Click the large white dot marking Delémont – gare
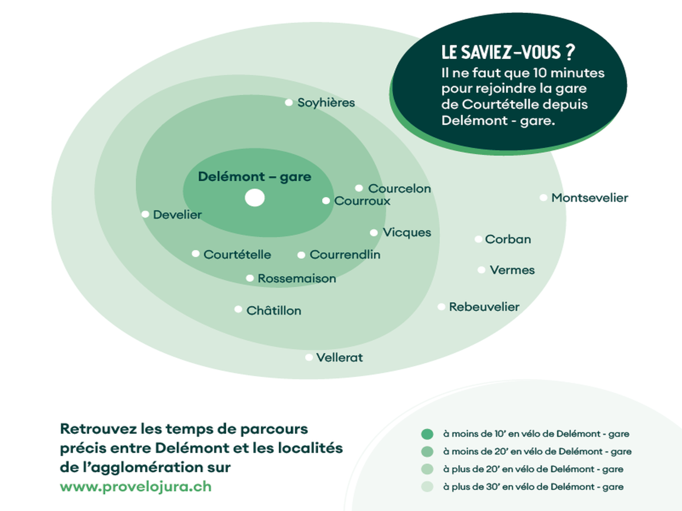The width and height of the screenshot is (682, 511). click(255, 198)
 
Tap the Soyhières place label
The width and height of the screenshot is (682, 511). click(326, 103)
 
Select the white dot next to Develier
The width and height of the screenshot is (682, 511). click(145, 214)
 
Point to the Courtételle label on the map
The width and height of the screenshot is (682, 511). click(237, 255)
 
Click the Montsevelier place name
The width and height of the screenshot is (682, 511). click(590, 198)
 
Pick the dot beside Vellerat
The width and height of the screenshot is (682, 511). click(309, 357)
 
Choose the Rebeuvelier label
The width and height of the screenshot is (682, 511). click(484, 307)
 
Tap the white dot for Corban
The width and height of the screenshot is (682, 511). click(478, 239)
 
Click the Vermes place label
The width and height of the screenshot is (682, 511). click(512, 270)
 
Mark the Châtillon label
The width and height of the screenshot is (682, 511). click(274, 311)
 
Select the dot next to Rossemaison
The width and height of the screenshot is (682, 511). click(250, 278)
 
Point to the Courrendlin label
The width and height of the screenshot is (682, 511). click(345, 255)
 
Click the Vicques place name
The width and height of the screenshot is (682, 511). click(406, 232)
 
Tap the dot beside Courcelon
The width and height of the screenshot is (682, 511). click(359, 188)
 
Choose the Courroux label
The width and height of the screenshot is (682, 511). click(362, 201)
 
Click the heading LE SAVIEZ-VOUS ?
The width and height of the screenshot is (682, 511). click(508, 52)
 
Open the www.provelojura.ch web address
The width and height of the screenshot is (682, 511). click(135, 486)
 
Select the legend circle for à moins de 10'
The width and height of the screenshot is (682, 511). click(427, 434)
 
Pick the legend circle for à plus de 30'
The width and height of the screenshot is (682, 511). click(427, 487)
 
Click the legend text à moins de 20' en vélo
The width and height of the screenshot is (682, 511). click(537, 451)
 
